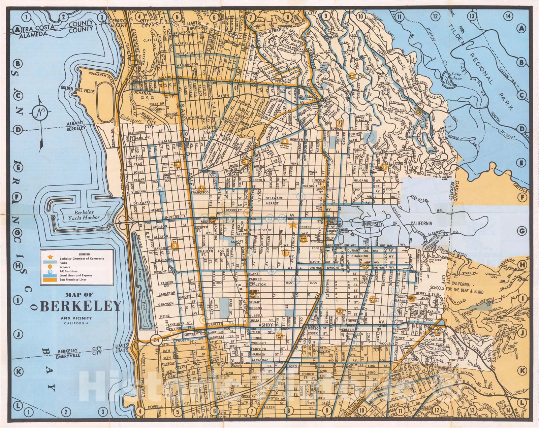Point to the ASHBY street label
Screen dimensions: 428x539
(267, 325)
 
